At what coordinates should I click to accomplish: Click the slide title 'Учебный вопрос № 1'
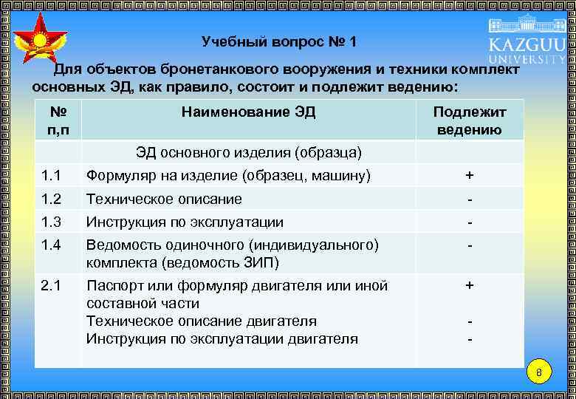[x=278, y=42]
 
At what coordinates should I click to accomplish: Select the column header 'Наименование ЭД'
[x=248, y=112]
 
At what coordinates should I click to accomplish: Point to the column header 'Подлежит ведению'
[x=469, y=121]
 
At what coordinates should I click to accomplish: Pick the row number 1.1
[x=52, y=176]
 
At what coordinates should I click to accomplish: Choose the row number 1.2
[x=52, y=199]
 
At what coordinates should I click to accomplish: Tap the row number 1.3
[x=52, y=222]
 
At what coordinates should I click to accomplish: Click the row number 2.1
[x=52, y=286]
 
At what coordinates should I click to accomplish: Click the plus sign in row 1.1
[x=469, y=176]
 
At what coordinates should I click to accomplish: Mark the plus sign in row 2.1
[x=469, y=285]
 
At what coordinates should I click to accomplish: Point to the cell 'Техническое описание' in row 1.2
[x=164, y=199]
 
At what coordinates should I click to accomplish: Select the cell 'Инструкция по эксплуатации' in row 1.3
[x=185, y=222]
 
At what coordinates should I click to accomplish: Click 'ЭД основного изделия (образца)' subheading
[x=248, y=153]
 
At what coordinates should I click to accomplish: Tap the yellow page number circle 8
[x=539, y=372]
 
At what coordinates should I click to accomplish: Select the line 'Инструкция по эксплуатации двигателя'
[x=222, y=339]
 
